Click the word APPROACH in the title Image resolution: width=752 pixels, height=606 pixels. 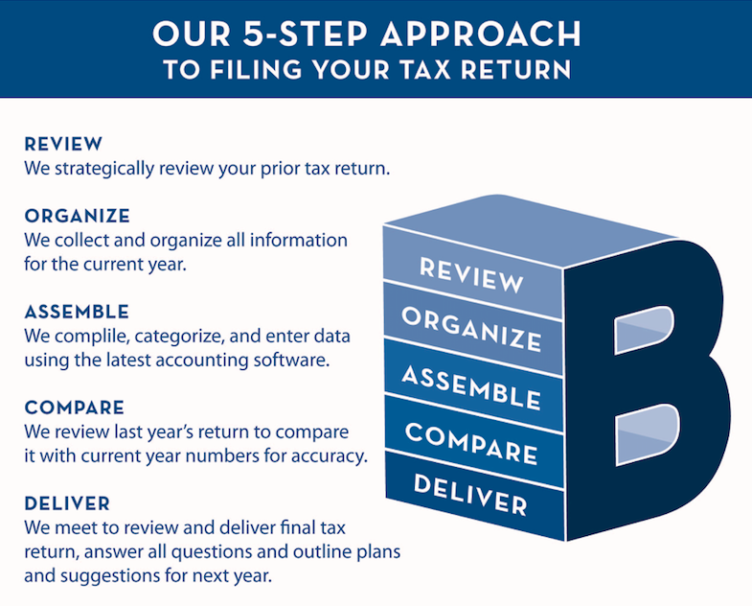click(481, 34)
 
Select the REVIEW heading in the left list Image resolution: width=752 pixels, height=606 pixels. click(63, 144)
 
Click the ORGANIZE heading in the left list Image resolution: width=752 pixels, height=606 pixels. click(78, 216)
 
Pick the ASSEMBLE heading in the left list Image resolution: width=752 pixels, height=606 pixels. click(77, 313)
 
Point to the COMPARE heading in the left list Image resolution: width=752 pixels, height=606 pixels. click(75, 408)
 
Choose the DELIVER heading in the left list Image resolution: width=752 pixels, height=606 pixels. click(67, 503)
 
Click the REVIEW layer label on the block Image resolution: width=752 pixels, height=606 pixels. click(471, 275)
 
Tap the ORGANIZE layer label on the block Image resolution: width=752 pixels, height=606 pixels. click(472, 330)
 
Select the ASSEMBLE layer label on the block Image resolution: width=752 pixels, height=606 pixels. click(471, 387)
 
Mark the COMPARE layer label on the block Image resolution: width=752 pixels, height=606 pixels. click(471, 444)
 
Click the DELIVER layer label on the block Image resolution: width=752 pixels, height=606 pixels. click(470, 495)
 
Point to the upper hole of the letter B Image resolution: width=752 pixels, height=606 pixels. click(645, 330)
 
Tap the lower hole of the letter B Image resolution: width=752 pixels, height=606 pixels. click(648, 434)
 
